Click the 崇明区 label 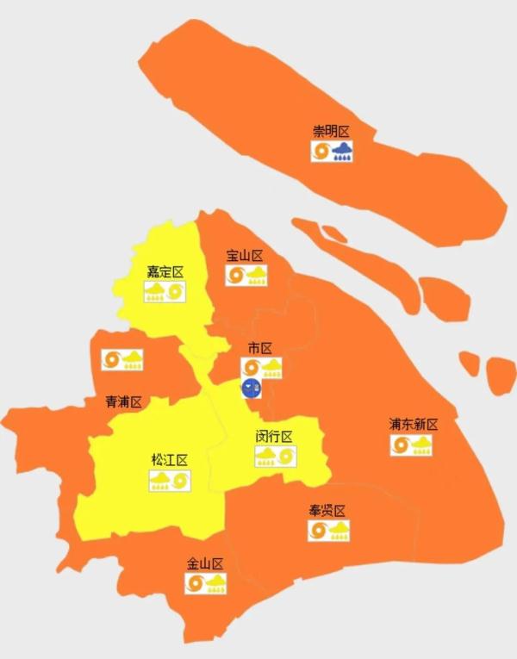point(331,132)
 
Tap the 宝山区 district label point(244,256)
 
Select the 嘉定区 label point(165,272)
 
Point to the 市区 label point(259,348)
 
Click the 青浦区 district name point(123,402)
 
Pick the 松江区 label point(169,460)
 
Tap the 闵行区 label point(274,436)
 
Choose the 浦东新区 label point(413,425)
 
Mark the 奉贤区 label point(327,510)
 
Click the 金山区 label point(205,564)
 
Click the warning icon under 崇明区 point(332,152)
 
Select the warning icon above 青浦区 point(122,360)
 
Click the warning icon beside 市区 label point(263,368)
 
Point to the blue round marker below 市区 point(252,389)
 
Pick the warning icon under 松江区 point(170,481)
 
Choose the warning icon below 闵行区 point(276,456)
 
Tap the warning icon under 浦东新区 point(411,445)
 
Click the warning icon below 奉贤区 point(329,531)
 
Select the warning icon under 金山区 point(206,584)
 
